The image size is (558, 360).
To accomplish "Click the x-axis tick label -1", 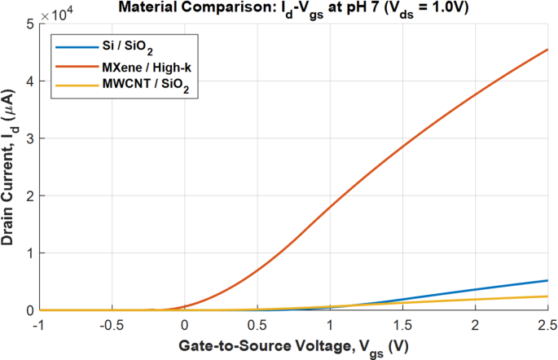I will [x=40, y=324].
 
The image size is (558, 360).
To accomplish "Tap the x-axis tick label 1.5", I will [x=403, y=324].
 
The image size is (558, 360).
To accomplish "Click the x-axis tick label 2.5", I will [x=546, y=324].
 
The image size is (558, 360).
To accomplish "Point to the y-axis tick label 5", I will [x=29, y=24].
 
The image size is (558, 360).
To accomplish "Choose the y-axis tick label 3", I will [x=29, y=138].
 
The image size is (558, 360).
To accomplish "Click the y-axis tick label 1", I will [x=29, y=253].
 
